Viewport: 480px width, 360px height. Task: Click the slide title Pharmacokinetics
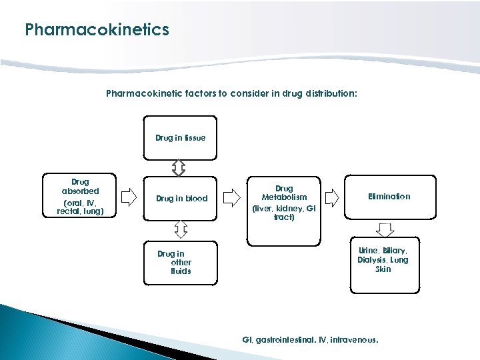97,30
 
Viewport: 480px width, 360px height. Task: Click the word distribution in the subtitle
332,94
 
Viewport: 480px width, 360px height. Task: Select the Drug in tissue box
181,139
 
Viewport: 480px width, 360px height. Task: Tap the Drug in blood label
181,199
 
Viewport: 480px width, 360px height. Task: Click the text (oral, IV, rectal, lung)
80,207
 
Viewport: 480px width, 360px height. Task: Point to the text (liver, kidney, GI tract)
284,213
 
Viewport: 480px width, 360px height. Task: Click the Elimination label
389,196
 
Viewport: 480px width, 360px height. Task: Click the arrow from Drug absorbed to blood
130,198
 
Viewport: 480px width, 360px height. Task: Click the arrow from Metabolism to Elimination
331,197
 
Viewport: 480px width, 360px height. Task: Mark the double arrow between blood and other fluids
180,229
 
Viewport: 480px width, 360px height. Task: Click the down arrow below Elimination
385,229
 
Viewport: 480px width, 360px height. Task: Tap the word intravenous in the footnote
355,340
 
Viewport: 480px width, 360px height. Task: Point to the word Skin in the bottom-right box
383,269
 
